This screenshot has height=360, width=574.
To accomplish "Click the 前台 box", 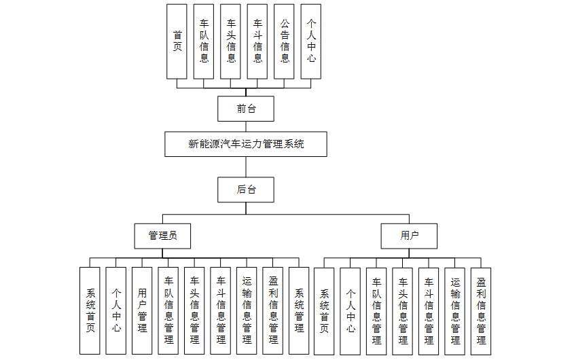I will [x=246, y=109].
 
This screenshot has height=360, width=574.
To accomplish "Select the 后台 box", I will [x=246, y=190].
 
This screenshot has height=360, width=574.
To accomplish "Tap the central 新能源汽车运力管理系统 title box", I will [x=246, y=144].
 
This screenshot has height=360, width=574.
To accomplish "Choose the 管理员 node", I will [x=162, y=236].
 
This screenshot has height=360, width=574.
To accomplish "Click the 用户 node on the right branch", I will [x=409, y=236].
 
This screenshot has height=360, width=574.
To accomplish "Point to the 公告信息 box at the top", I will [x=285, y=41].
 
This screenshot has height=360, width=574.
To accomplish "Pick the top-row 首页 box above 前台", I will [x=177, y=41].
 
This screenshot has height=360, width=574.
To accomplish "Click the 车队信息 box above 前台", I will [x=204, y=41].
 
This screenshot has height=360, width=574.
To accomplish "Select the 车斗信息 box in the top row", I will [x=257, y=41].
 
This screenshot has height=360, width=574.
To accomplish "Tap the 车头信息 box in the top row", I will [x=231, y=41].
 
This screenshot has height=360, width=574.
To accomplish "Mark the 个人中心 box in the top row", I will [x=311, y=41].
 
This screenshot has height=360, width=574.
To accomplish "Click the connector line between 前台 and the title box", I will [x=246, y=126].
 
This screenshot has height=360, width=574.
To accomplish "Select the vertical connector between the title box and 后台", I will [x=246, y=166].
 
